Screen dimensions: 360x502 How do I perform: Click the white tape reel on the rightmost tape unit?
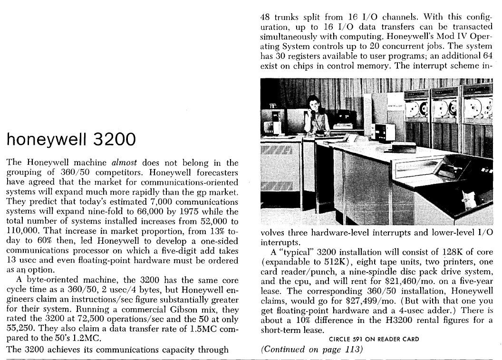(x=476, y=108)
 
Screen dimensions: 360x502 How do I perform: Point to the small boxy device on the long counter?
(x=381, y=130)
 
